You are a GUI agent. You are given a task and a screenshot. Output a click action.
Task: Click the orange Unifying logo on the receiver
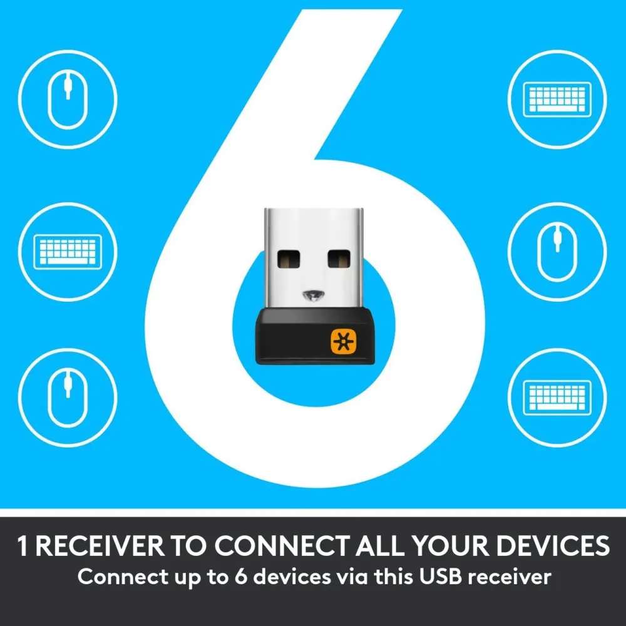pyautogui.click(x=342, y=341)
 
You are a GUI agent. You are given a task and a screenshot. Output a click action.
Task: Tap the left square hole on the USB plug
pyautogui.click(x=289, y=259)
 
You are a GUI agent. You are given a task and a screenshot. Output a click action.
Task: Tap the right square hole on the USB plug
pyautogui.click(x=339, y=259)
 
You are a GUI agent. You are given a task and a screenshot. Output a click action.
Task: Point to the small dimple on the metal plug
pyautogui.click(x=314, y=295)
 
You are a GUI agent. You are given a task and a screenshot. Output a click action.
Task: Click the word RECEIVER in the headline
pyautogui.click(x=100, y=546)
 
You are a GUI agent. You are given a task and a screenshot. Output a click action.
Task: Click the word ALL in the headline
pyautogui.click(x=381, y=546)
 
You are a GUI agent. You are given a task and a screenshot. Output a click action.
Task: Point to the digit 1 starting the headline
pyautogui.click(x=23, y=546)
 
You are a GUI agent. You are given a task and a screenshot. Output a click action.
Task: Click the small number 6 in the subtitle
pyautogui.click(x=241, y=577)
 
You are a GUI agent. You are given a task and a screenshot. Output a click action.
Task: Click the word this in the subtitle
pyautogui.click(x=393, y=577)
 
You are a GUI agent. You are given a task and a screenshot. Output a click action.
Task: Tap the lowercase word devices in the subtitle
pyautogui.click(x=292, y=577)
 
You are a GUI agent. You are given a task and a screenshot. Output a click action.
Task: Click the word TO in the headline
pyautogui.click(x=189, y=546)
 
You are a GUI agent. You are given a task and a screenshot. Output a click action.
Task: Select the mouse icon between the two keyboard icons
pyautogui.click(x=557, y=252)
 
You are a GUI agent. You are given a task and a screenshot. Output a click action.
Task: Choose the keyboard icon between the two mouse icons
pyautogui.click(x=68, y=252)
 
